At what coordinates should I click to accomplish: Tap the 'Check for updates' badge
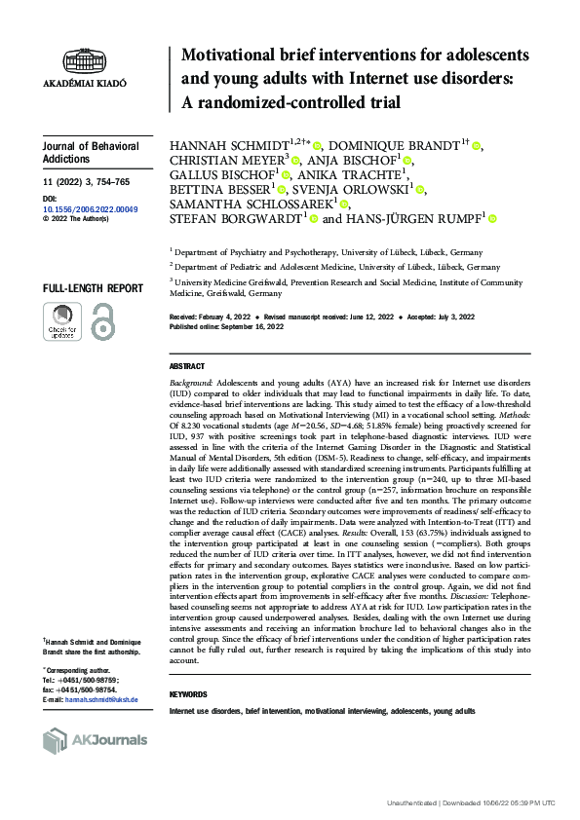61,321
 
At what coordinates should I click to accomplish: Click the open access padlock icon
100,321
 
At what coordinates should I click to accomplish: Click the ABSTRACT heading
187,366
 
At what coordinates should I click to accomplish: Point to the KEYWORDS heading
188,694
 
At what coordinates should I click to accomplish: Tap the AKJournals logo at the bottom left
96,741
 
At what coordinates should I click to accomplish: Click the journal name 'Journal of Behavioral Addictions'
81,152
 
